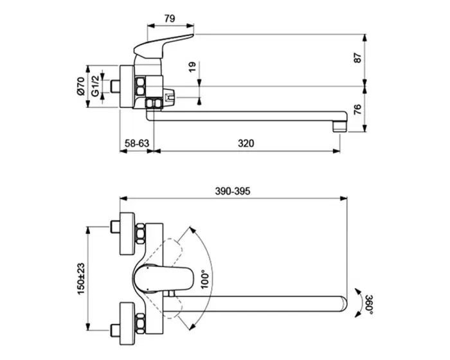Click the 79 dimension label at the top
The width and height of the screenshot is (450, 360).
coord(170,19)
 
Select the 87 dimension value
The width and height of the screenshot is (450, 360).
coord(357,58)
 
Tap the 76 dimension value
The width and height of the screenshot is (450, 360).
coord(357,109)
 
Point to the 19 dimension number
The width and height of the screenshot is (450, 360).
coord(193,67)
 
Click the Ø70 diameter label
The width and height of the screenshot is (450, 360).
coord(80,86)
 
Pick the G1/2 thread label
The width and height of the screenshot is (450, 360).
coord(95,85)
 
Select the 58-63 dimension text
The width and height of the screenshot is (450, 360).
coord(137,143)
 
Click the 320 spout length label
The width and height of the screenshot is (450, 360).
coord(246,143)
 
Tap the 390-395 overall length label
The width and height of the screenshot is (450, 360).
coord(233,191)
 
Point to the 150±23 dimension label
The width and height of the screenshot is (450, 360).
coord(81,278)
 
